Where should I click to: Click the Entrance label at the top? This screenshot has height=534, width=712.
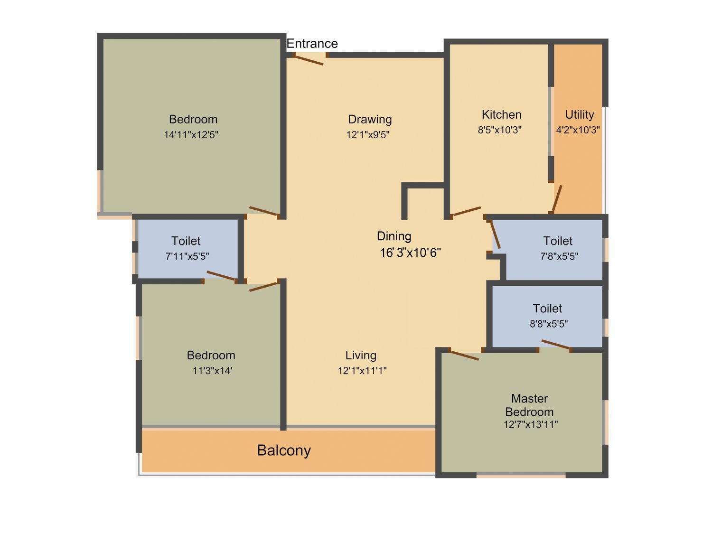(x=312, y=44)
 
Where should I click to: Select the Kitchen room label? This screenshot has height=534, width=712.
(x=501, y=114)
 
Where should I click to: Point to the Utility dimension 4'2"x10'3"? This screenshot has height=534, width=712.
(x=578, y=130)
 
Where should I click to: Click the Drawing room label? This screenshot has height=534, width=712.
(x=370, y=119)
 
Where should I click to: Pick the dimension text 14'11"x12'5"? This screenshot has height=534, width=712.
(x=191, y=135)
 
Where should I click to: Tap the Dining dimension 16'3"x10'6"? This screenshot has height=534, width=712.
(x=410, y=253)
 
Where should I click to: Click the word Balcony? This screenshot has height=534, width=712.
(x=284, y=450)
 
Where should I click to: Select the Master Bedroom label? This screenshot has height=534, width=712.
(x=529, y=405)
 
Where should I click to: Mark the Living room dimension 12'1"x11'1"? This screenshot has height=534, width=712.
(x=362, y=371)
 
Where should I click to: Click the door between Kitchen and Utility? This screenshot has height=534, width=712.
(x=557, y=199)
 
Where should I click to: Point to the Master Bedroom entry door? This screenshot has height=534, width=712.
(x=464, y=355)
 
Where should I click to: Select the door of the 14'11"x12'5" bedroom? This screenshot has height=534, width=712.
(x=263, y=212)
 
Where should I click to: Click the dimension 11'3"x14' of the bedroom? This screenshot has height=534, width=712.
(x=212, y=371)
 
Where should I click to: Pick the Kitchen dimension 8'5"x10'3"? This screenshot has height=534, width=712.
(x=499, y=130)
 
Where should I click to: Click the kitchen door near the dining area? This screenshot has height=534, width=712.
(x=467, y=211)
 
